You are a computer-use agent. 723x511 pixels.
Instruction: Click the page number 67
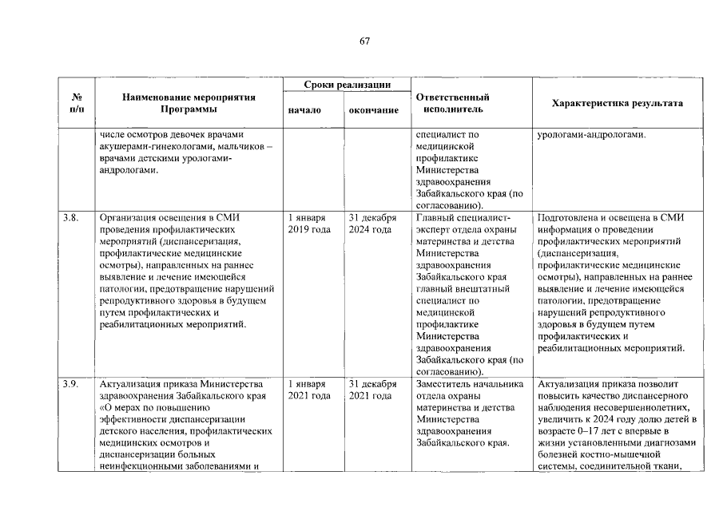[x=364, y=41]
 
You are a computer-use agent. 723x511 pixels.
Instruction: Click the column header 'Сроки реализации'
[x=347, y=85]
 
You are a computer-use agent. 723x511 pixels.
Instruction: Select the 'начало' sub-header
[x=304, y=110]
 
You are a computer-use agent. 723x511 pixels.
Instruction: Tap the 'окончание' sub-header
[x=374, y=110]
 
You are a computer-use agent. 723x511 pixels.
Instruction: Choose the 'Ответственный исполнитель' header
[x=453, y=103]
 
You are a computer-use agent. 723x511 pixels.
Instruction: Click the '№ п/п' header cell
[x=77, y=103]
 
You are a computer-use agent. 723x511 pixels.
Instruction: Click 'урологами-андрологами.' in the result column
[x=591, y=134]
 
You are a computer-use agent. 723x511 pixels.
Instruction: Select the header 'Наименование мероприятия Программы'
[x=189, y=103]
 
